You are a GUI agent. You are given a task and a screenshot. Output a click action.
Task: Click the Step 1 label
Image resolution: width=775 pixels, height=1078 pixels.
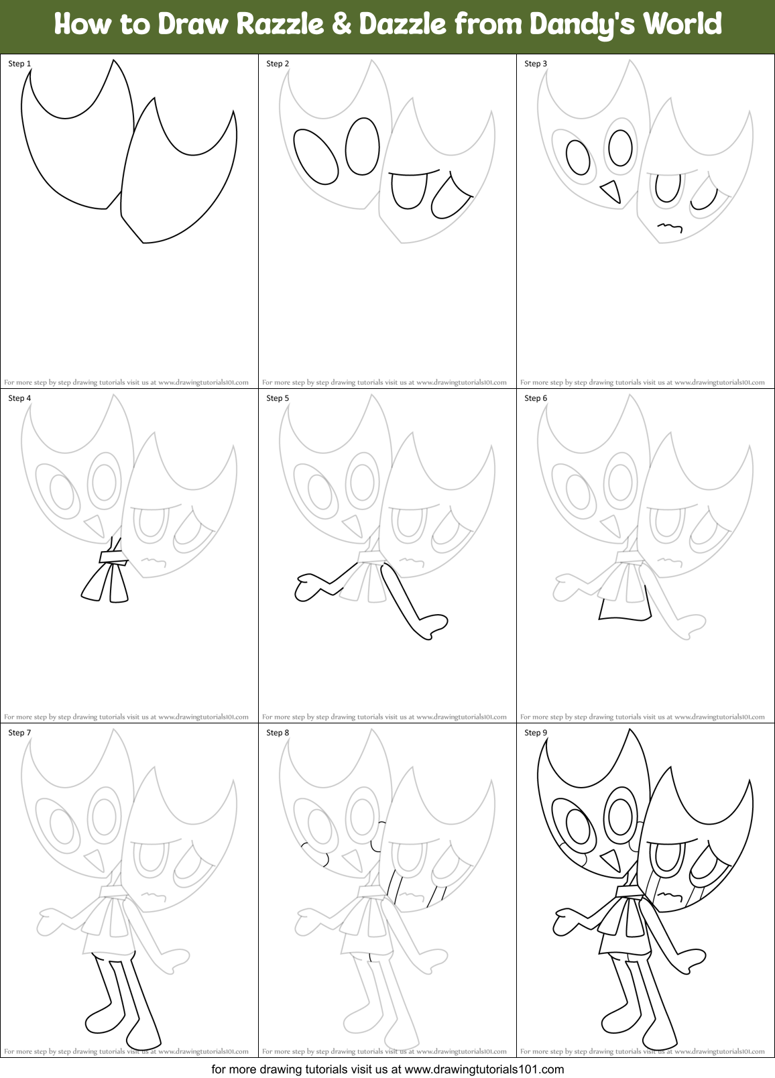[x=19, y=64]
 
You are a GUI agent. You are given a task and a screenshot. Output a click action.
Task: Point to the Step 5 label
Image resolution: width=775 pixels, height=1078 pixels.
[x=278, y=398]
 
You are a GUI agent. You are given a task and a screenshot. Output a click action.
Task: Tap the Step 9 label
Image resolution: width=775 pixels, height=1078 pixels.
[x=536, y=733]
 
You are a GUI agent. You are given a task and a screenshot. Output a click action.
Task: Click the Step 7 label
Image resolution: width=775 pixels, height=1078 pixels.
[x=19, y=733]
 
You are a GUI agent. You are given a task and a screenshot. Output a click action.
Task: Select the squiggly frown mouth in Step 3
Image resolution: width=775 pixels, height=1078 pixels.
[x=670, y=227]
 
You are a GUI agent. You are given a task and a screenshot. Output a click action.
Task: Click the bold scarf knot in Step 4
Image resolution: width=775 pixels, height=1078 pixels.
[x=113, y=556]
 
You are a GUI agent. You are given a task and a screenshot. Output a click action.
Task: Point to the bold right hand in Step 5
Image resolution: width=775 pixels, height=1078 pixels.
[x=433, y=625]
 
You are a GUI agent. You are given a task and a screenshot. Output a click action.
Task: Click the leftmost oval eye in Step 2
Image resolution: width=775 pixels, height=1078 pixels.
[x=316, y=156]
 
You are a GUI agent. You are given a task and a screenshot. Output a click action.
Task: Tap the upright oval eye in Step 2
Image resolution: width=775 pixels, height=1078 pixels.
[x=363, y=146]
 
